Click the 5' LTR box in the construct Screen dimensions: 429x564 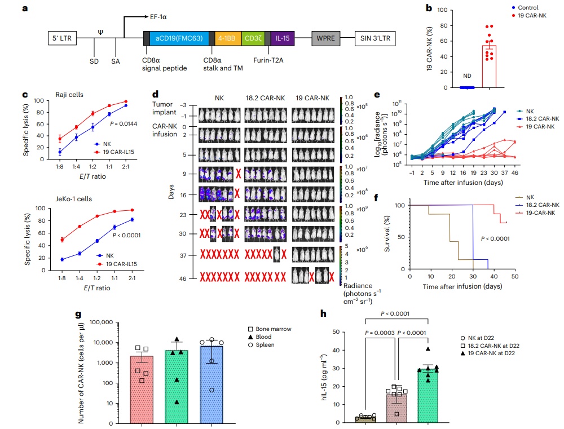63,38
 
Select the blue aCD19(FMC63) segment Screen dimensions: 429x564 180,38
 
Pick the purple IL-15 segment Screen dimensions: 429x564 279,38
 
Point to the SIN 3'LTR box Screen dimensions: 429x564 374,38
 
